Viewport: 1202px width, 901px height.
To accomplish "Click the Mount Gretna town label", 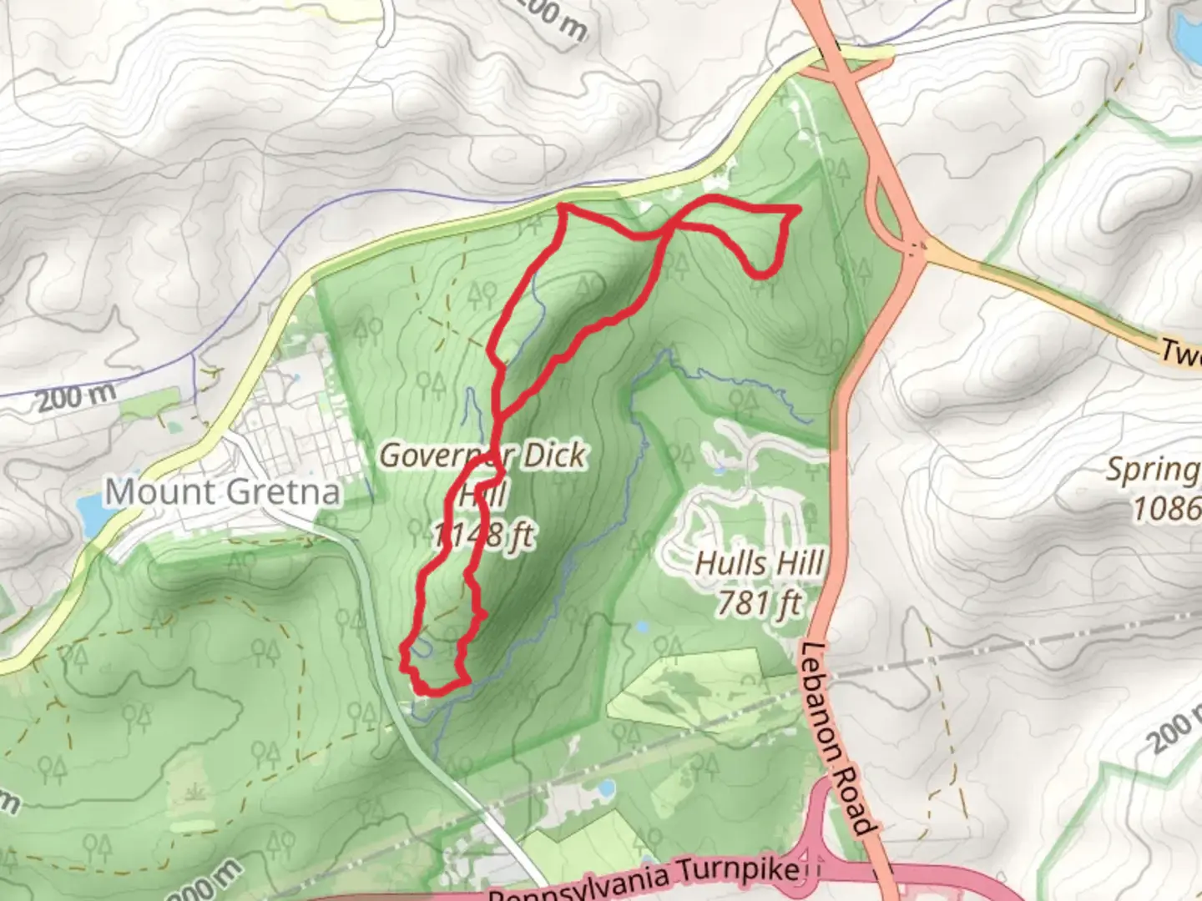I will pos(223,492).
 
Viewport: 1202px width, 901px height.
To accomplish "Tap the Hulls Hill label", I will pos(760,564).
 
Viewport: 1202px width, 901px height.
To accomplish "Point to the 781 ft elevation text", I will pos(760,602).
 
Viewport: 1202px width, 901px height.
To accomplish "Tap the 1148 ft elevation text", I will pos(484,535).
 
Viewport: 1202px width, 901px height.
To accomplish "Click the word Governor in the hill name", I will pos(434,456).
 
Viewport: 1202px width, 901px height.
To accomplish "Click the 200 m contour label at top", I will pos(551,18).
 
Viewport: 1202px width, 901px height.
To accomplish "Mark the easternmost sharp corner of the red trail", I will pos(798,208).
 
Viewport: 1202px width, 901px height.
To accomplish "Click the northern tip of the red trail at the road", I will pos(562,205).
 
